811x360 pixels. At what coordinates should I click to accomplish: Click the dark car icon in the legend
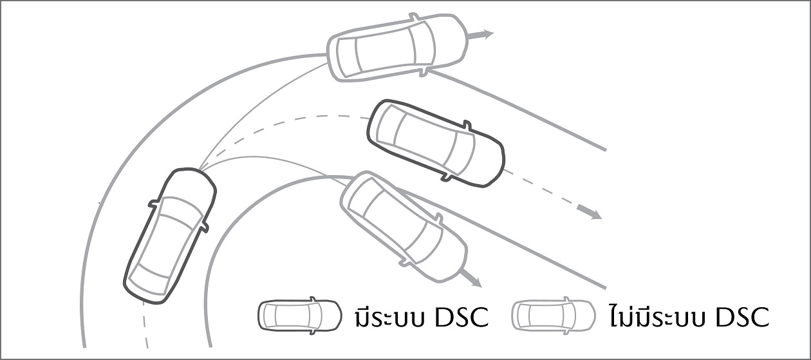pos(299,316)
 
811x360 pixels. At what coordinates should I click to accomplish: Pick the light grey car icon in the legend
pos(554,316)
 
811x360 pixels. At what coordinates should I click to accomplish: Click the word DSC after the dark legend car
pos(461,317)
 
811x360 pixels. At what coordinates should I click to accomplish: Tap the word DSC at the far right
pos(742,317)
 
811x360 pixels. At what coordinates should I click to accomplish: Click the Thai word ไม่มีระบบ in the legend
pos(657,316)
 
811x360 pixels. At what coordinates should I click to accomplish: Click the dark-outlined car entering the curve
pos(170,236)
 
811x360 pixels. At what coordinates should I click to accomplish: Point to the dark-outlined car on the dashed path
pos(436,144)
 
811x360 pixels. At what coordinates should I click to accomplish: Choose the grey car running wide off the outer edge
pos(398,48)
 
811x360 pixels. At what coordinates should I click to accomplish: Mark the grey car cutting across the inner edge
pos(404,226)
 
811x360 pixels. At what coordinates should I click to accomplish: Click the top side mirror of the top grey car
pos(413,17)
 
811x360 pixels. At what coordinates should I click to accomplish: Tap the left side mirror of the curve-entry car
pos(153,203)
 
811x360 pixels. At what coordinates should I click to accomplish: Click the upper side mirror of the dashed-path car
pos(467,126)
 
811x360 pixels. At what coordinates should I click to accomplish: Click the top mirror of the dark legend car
pos(312,299)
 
